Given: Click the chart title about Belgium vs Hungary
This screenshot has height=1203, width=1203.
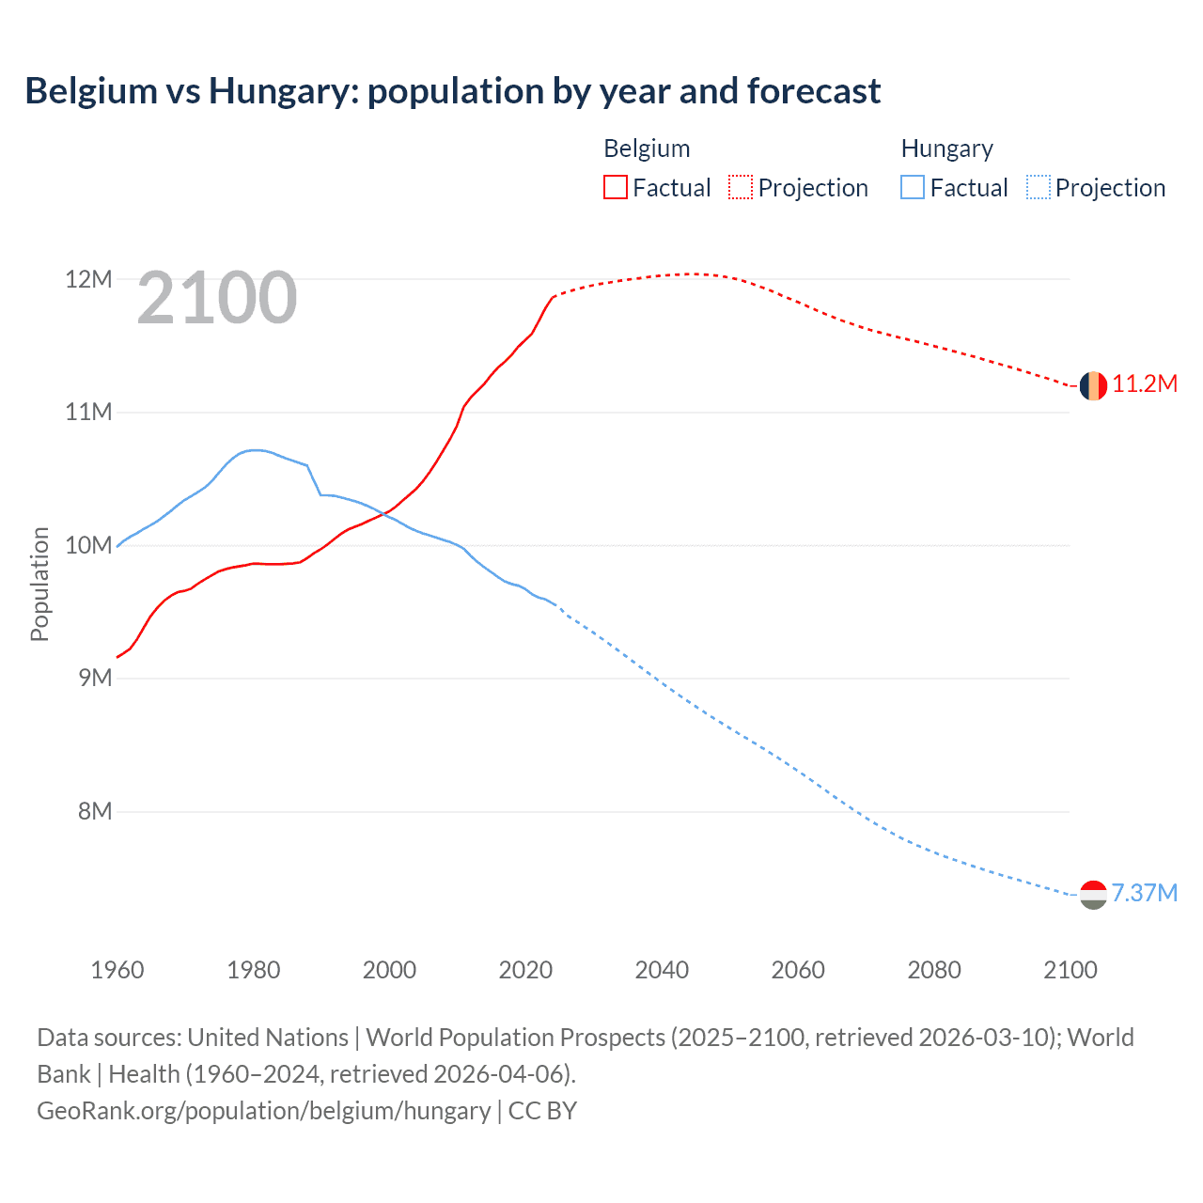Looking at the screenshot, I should click(x=452, y=91).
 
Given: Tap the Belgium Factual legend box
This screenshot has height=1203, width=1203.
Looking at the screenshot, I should click(x=615, y=187).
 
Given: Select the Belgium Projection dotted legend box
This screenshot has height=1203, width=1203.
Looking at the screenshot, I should click(x=741, y=187).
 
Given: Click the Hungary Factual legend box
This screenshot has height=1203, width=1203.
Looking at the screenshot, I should click(x=912, y=187).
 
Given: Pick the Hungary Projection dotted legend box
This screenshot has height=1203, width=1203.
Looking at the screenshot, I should click(x=1039, y=187).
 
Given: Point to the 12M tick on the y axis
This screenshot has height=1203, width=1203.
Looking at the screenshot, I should click(x=89, y=279).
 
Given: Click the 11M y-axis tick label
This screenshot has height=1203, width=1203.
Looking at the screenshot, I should click(x=89, y=412).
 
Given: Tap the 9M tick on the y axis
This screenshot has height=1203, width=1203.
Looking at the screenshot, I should click(x=94, y=678).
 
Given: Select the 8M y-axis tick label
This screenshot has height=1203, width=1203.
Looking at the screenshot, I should click(x=94, y=811).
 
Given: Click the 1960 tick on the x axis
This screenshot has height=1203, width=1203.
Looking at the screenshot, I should click(x=117, y=970).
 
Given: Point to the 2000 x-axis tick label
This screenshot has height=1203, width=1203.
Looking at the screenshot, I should click(x=389, y=970).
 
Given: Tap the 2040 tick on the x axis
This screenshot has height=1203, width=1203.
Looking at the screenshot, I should click(x=662, y=970).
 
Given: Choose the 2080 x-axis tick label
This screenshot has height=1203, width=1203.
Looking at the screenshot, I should click(x=934, y=970).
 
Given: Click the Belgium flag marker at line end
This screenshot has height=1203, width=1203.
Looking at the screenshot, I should click(x=1093, y=385).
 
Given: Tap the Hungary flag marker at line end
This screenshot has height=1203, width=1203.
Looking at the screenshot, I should click(x=1093, y=895).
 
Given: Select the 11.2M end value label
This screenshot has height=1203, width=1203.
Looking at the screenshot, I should click(x=1145, y=384).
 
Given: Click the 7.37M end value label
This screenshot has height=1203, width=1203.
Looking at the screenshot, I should click(x=1145, y=893).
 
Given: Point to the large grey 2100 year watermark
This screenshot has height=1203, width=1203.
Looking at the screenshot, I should click(x=217, y=298).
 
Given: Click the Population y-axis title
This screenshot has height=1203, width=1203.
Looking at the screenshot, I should click(x=39, y=584).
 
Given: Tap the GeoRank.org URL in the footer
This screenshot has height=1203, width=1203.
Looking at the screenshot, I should click(x=263, y=1111).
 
